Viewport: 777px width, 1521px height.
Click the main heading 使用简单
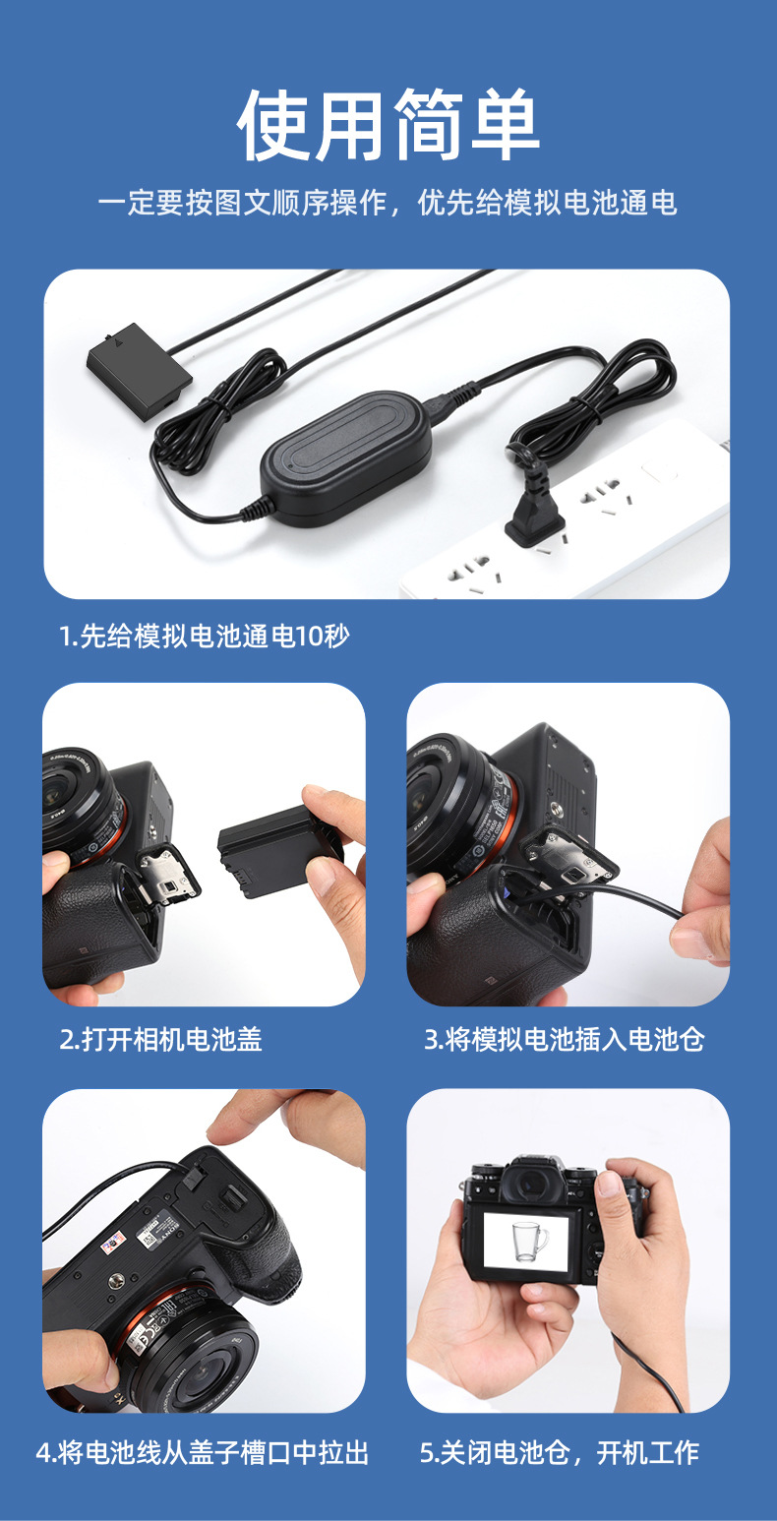[x=388, y=125]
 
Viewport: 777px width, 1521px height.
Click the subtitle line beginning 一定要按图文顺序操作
[x=388, y=204]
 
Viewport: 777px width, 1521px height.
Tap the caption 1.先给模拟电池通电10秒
[x=205, y=637]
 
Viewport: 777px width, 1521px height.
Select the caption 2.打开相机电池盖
[x=161, y=1039]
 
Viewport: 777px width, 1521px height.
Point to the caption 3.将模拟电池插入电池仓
[x=565, y=1039]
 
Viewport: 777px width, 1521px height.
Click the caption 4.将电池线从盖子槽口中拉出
[x=203, y=1452]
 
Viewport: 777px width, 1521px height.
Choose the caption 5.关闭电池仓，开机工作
[x=560, y=1452]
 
